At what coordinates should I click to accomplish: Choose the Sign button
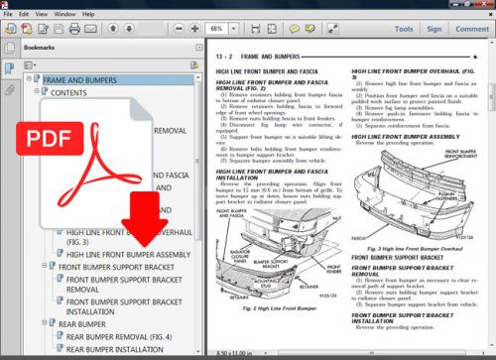tap(433, 30)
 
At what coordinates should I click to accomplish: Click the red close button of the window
tap(485, 5)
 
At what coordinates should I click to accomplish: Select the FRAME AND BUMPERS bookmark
tap(80, 79)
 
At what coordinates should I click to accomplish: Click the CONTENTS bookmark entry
tap(68, 92)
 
